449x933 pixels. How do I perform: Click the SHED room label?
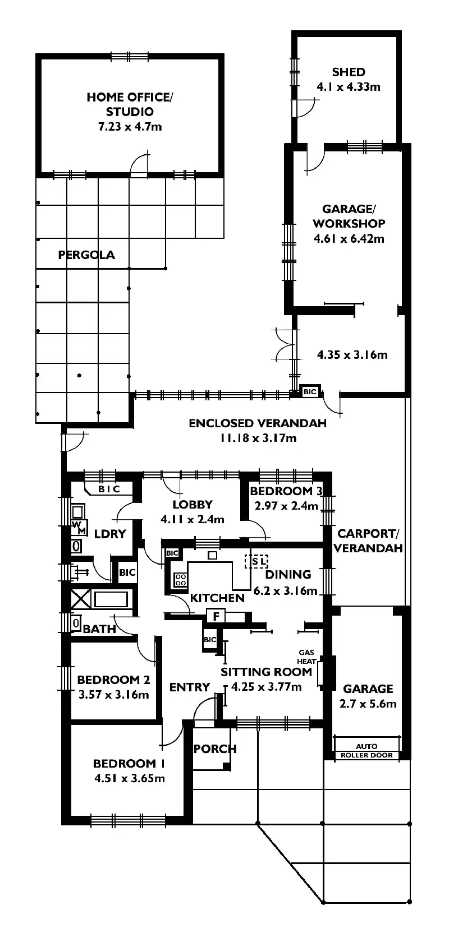click(x=349, y=72)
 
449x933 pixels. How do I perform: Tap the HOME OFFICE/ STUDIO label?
click(x=130, y=104)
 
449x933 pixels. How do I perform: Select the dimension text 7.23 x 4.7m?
click(x=130, y=127)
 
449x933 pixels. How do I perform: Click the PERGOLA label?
click(x=86, y=255)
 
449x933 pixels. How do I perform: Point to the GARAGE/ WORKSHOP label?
click(x=349, y=216)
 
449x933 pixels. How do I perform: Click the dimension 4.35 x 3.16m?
click(x=352, y=355)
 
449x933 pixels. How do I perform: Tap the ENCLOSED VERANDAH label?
click(x=258, y=423)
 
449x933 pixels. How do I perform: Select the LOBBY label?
click(x=193, y=505)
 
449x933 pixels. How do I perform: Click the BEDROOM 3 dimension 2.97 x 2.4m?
click(x=286, y=506)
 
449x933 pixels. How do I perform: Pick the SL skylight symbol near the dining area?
click(x=256, y=561)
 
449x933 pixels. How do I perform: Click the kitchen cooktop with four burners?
click(x=181, y=580)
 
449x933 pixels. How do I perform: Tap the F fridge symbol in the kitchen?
click(x=216, y=616)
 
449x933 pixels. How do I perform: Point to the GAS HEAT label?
click(x=306, y=657)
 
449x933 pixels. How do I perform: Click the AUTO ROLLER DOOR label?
click(x=367, y=751)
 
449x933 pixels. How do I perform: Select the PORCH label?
click(x=215, y=749)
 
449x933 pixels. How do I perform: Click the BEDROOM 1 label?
click(x=129, y=764)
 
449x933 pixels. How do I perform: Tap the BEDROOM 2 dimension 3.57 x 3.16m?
click(x=114, y=695)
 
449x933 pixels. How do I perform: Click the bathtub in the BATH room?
click(x=111, y=600)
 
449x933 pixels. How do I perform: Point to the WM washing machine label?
click(x=79, y=527)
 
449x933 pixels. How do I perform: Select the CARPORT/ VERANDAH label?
click(x=368, y=541)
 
